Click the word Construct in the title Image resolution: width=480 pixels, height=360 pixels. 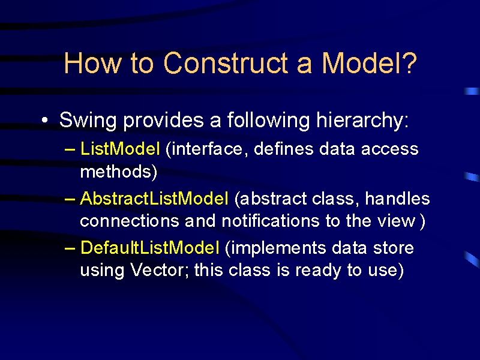click(x=226, y=63)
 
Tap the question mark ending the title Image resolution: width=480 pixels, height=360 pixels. click(x=409, y=63)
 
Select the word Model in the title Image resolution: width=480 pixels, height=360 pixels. click(x=359, y=63)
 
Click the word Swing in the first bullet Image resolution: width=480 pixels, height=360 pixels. click(x=88, y=120)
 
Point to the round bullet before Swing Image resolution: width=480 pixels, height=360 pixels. click(x=45, y=120)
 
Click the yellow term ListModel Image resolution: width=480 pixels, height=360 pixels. click(x=119, y=149)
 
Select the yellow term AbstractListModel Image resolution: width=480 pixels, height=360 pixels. click(x=154, y=198)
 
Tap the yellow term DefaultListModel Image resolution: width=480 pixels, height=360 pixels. click(x=149, y=247)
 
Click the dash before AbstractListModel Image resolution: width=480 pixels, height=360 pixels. click(x=70, y=199)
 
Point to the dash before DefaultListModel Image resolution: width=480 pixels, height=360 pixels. click(x=70, y=248)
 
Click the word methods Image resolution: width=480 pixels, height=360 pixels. click(x=116, y=171)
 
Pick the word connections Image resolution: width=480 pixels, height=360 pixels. click(x=130, y=220)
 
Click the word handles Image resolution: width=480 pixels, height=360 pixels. click(x=397, y=198)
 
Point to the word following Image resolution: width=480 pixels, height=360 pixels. click(x=268, y=120)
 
